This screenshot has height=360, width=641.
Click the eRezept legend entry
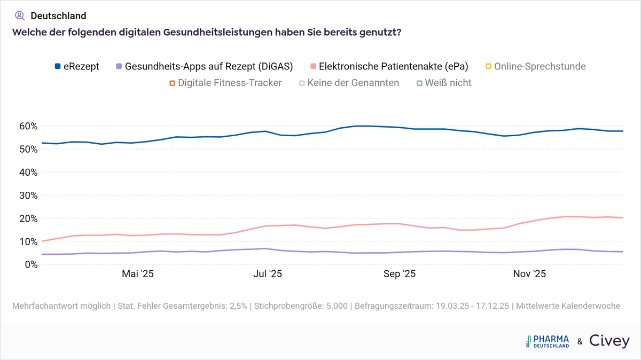[77, 67]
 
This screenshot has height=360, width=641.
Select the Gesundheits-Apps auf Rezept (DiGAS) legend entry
[204, 67]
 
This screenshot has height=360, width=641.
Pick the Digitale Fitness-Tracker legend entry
[225, 83]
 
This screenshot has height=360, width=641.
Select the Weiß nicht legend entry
[444, 83]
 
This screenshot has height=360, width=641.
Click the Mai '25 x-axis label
[138, 274]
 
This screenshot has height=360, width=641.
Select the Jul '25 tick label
[267, 274]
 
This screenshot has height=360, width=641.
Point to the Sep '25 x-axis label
[400, 274]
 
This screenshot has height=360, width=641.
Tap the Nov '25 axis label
[529, 274]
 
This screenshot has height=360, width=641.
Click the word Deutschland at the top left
[58, 16]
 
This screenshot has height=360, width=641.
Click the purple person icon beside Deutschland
[20, 15]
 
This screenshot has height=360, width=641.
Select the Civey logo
[609, 341]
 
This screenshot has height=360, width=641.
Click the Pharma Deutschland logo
[548, 342]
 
